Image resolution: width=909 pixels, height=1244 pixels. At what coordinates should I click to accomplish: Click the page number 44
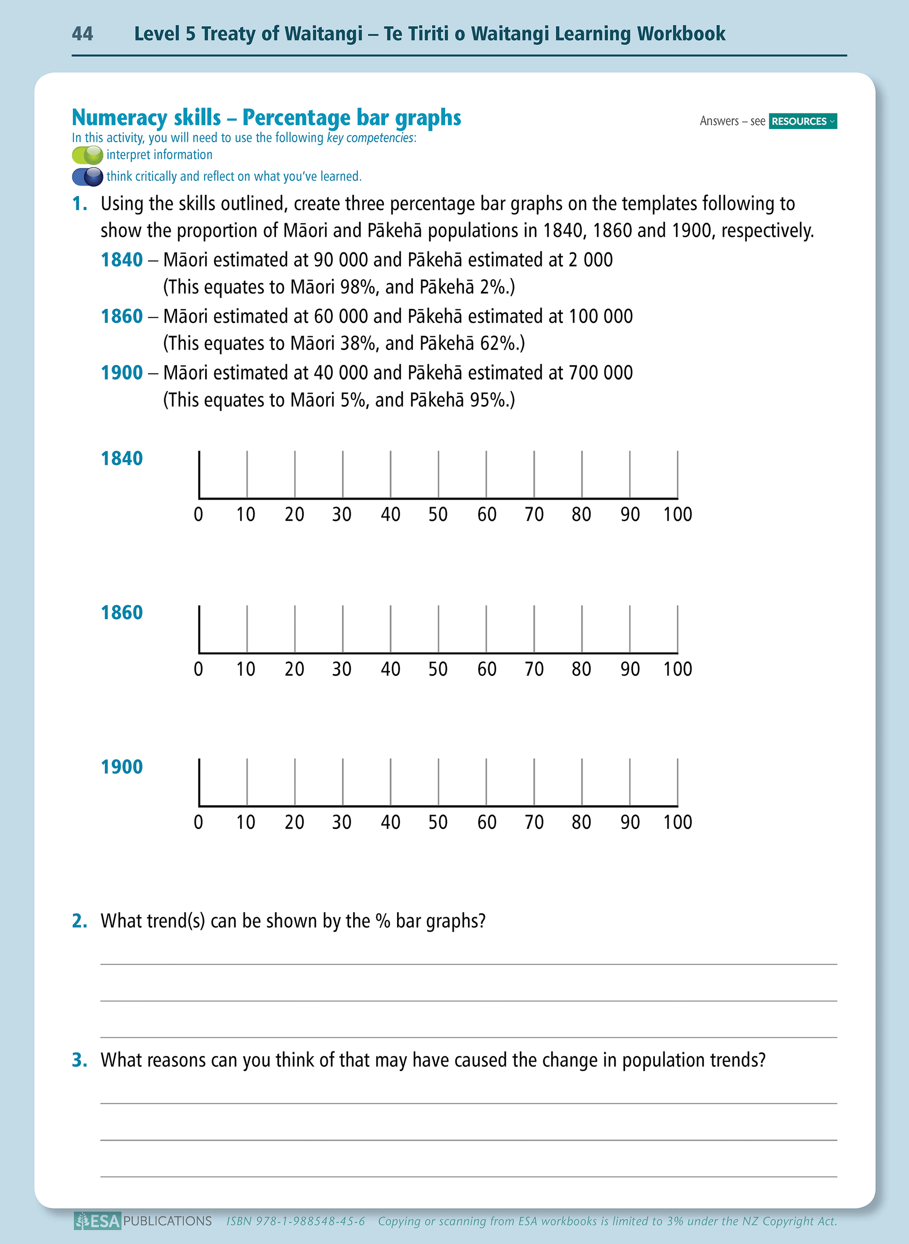tap(83, 34)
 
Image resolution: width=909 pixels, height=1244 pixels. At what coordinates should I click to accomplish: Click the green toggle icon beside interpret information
tap(87, 155)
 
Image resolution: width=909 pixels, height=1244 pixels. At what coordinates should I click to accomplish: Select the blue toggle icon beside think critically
tap(87, 177)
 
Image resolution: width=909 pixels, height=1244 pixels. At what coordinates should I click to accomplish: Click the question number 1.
tap(80, 204)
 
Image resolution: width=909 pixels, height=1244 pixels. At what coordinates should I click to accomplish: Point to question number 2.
tap(80, 921)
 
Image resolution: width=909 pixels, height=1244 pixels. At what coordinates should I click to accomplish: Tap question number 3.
tap(80, 1060)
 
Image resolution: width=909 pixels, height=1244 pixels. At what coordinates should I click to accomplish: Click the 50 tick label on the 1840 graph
tap(438, 515)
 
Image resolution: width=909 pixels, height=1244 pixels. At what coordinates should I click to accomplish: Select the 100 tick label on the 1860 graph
tap(677, 669)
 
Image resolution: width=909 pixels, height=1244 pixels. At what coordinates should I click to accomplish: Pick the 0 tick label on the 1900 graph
tap(199, 822)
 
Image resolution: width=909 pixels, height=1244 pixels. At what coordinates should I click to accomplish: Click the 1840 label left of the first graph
tap(121, 458)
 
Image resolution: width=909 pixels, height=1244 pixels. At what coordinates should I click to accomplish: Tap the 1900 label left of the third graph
tap(121, 767)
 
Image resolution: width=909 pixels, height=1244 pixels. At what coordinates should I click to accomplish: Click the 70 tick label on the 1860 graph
tap(534, 669)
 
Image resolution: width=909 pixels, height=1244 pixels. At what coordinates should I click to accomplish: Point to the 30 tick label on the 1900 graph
tap(342, 822)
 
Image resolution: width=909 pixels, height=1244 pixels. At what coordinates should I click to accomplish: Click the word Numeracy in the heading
tap(146, 118)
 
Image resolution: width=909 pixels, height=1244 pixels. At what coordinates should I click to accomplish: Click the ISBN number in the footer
tap(296, 1222)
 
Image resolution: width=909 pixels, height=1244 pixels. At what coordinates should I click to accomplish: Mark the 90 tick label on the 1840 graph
tap(630, 515)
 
